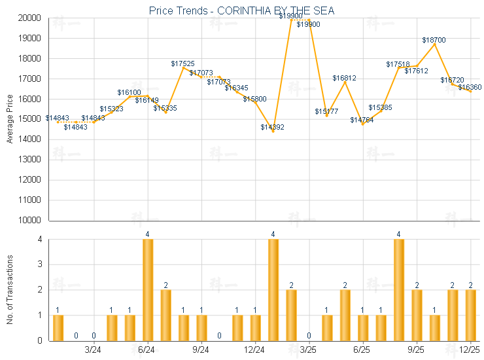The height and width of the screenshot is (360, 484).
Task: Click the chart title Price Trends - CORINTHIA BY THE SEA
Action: click(241, 10)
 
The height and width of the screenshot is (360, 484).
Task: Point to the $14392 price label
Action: click(272, 127)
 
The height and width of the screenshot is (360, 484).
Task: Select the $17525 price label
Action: click(183, 63)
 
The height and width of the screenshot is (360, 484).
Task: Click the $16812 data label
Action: click(344, 78)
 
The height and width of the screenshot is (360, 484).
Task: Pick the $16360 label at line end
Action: click(470, 87)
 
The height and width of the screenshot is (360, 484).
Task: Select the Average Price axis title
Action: click(10, 119)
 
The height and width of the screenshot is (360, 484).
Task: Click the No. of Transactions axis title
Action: click(10, 290)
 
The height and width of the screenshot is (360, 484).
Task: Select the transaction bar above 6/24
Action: click(148, 290)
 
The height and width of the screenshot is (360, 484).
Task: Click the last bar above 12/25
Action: click(470, 315)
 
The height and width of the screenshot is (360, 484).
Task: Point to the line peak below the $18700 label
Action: click(434, 44)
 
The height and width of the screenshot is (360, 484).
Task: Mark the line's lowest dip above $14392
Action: click(273, 131)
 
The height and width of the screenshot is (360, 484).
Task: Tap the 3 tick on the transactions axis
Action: click(40, 265)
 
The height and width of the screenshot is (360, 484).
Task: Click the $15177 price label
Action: click(326, 111)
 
